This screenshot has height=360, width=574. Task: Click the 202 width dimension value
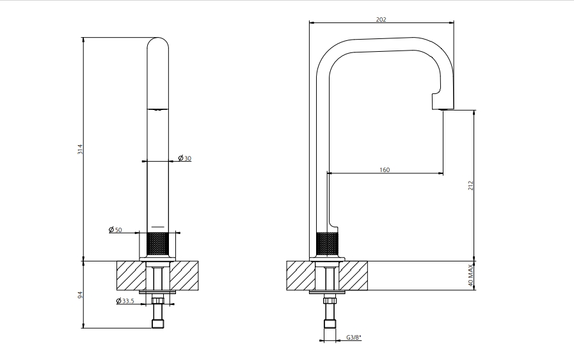pyautogui.click(x=381, y=19)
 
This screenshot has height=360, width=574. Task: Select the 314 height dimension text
pyautogui.click(x=80, y=149)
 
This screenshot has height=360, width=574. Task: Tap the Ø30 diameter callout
pyautogui.click(x=185, y=158)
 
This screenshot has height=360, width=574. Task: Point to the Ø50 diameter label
pyautogui.click(x=115, y=230)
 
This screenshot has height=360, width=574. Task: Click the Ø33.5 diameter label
pyautogui.click(x=125, y=301)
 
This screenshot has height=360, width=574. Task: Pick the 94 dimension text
pyautogui.click(x=80, y=295)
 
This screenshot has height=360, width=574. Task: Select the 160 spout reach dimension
pyautogui.click(x=385, y=169)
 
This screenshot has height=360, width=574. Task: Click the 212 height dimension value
pyautogui.click(x=471, y=185)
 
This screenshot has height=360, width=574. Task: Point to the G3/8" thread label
pyautogui.click(x=354, y=338)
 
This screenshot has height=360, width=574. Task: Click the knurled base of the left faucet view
pyautogui.click(x=158, y=244)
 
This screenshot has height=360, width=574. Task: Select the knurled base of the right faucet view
pyautogui.click(x=328, y=244)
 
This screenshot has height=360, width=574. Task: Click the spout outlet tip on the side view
pyautogui.click(x=443, y=109)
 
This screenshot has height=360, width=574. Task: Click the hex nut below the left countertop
pyautogui.click(x=158, y=301)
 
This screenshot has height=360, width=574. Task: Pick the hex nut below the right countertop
pyautogui.click(x=329, y=301)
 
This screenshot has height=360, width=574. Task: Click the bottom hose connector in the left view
pyautogui.click(x=158, y=324)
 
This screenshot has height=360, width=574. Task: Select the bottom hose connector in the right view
pyautogui.click(x=329, y=324)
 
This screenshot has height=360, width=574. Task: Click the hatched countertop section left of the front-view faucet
pyautogui.click(x=131, y=276)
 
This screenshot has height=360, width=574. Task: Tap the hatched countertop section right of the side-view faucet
pyautogui.click(x=353, y=276)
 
